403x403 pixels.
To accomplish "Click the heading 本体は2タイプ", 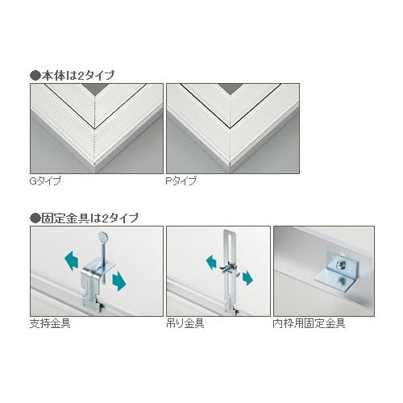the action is tap(78, 76).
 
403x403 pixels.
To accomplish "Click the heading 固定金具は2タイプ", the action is tap(90, 218).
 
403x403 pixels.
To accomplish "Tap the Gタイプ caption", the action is tap(45, 181).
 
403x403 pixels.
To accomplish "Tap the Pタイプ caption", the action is tap(181, 181).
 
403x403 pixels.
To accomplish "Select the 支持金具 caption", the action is tap(50, 323).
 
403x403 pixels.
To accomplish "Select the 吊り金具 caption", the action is tap(185, 323).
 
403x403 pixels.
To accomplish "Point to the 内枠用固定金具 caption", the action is tap(309, 323).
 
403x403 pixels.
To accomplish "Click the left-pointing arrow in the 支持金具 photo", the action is tap(72, 260).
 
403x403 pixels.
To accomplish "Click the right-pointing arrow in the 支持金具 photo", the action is tap(119, 280).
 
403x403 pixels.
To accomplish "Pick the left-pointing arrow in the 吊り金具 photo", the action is tap(211, 262).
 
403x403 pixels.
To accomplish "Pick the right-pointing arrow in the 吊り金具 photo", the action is tap(247, 278).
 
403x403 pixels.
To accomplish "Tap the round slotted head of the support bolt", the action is tap(102, 236).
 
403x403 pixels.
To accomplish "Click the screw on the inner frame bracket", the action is tap(340, 265).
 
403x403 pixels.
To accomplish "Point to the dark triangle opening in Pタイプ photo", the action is tap(231, 89).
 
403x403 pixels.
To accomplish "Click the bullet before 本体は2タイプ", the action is tap(35, 76).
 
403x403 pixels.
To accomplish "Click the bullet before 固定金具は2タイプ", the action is tap(35, 218).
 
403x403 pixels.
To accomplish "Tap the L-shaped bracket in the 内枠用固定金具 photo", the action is tap(337, 272).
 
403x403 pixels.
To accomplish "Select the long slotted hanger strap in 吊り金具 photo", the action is tap(229, 270).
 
